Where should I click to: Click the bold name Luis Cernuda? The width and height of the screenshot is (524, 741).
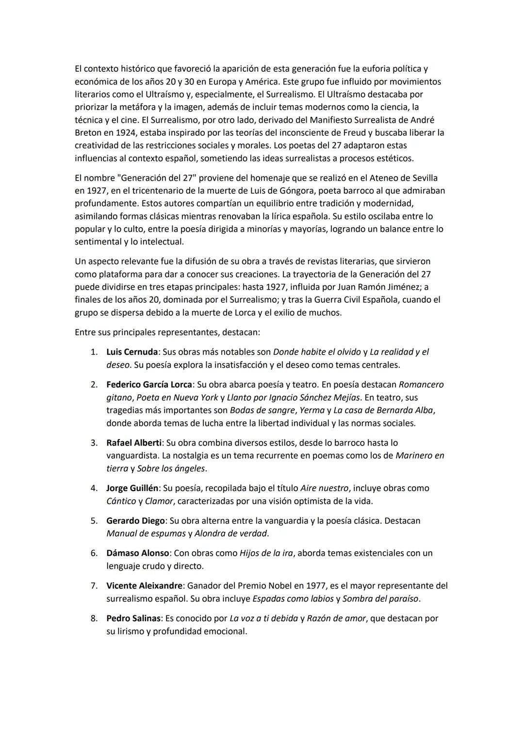tap(132, 352)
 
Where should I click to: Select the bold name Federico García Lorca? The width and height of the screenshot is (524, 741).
tap(149, 384)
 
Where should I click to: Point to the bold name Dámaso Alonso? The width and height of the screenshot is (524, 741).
tap(137, 553)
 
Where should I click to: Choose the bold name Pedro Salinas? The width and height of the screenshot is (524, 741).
tap(133, 618)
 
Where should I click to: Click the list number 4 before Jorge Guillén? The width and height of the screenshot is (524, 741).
tap(94, 488)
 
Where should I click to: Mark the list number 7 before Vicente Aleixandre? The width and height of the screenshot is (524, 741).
tap(94, 586)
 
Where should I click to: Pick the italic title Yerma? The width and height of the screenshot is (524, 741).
tap(312, 410)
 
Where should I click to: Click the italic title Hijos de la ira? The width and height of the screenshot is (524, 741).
tap(266, 553)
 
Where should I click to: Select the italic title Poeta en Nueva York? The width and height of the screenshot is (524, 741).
tap(177, 397)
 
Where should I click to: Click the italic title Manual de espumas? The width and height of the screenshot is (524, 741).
tap(146, 533)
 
